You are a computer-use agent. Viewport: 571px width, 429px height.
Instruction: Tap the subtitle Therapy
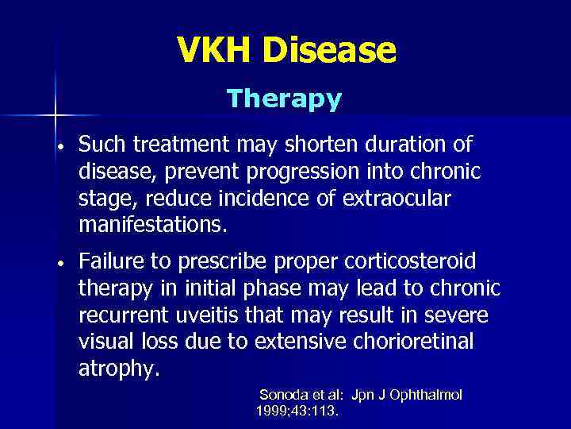284,99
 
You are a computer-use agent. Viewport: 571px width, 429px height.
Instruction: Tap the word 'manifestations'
151,225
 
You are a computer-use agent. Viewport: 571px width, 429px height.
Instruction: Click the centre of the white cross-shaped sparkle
56,116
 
